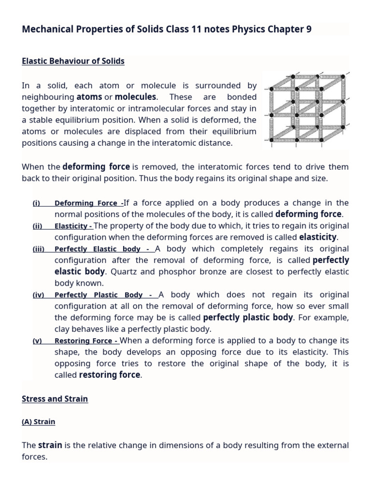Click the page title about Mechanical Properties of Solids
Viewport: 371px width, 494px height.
point(167,29)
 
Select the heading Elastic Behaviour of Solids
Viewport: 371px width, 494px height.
point(73,61)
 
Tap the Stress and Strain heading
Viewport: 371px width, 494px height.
point(55,399)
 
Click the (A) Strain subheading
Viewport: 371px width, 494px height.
point(39,422)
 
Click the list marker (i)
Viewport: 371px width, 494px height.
point(36,203)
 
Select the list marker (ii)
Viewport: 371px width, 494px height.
point(37,226)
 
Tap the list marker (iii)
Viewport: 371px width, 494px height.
point(39,249)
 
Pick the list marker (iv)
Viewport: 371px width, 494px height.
point(38,295)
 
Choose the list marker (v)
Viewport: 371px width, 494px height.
point(37,341)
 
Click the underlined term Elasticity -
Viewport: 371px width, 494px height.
point(73,226)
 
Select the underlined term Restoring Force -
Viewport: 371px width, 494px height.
point(86,341)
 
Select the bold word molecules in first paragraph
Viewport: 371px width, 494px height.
point(135,97)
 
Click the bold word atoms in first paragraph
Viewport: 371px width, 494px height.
point(89,97)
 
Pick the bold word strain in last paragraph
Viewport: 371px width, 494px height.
point(50,445)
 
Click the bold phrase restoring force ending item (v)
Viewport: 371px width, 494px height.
point(110,375)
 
